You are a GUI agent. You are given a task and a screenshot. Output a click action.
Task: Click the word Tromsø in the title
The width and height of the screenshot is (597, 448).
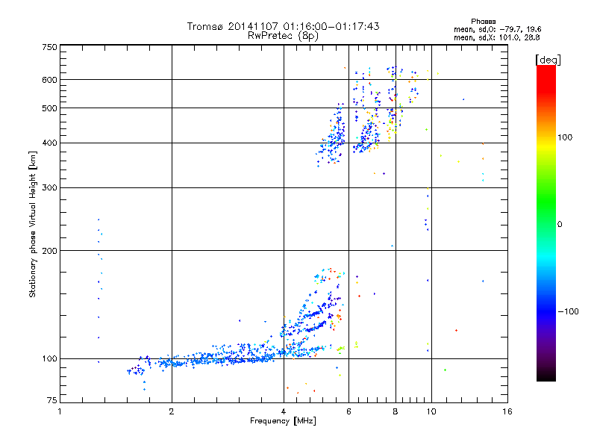205,26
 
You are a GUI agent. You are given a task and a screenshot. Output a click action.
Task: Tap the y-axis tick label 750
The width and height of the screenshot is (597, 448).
49,48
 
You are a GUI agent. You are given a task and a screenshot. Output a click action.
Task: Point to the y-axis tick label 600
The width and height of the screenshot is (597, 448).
49,79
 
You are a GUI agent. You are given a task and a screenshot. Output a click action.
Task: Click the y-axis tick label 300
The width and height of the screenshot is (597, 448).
49,187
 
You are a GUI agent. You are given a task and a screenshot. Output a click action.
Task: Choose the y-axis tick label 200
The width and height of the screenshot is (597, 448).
49,250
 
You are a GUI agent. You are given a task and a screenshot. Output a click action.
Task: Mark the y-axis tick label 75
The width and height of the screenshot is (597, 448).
51,401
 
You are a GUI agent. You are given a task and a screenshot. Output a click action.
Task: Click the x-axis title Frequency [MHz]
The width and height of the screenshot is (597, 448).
283,421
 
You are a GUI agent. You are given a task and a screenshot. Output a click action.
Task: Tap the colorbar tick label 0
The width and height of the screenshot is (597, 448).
561,224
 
